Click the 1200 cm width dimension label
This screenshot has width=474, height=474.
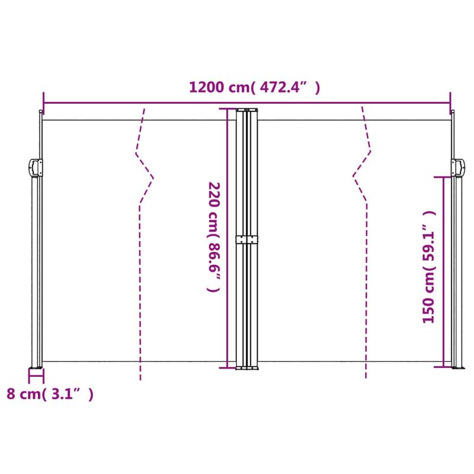tap(255, 88)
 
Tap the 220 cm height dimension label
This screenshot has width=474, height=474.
tap(213, 237)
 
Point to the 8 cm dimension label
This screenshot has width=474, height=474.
tap(50, 394)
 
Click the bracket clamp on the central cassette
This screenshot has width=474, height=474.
tap(247, 239)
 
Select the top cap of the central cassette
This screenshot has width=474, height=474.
tap(247, 110)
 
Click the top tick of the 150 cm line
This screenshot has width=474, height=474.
tap(443, 177)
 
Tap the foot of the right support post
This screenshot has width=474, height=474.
tap(457, 368)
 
